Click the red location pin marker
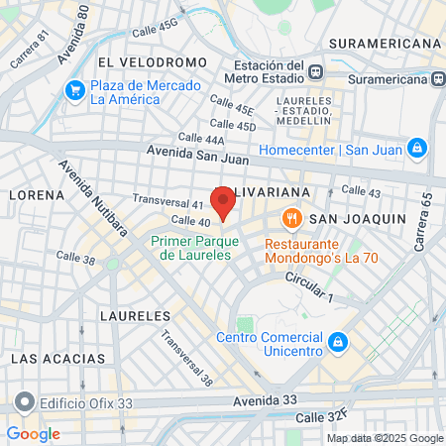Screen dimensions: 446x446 point(224,202)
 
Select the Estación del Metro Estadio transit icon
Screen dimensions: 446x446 point(316,71)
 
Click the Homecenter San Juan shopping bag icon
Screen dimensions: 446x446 point(417,150)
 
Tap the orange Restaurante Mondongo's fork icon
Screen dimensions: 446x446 point(290,218)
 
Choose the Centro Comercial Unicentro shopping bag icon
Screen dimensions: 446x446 point(338,342)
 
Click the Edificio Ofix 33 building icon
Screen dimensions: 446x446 point(24,403)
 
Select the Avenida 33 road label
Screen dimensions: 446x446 point(265,400)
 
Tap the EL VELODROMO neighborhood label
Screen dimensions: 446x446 point(153,62)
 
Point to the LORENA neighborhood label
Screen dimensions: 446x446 point(37,195)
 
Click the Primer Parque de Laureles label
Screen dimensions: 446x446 point(194,248)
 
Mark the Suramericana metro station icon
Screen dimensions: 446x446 point(435,78)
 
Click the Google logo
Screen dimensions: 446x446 point(33,434)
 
